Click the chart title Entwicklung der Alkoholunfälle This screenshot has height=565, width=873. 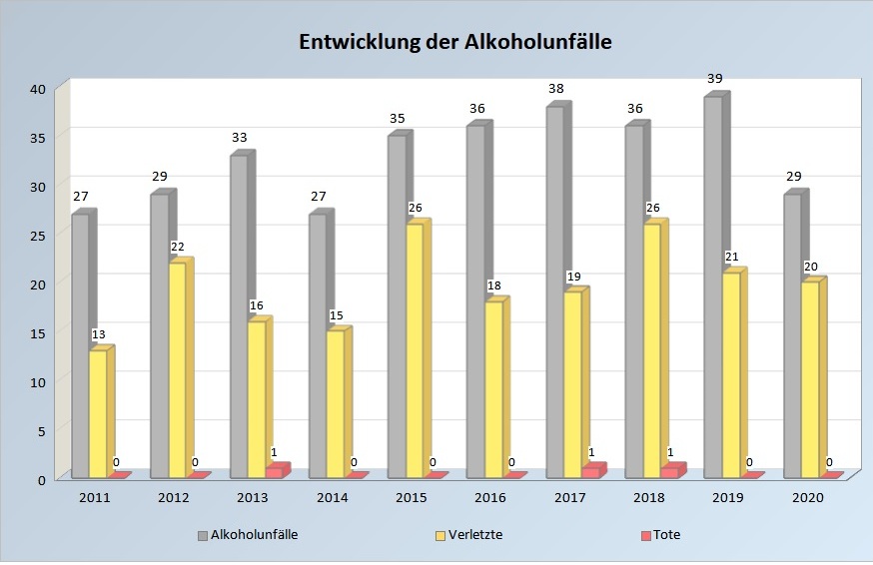pos(455,42)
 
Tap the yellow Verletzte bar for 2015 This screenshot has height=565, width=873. pos(414,350)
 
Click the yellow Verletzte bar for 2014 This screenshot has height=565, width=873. pos(335,404)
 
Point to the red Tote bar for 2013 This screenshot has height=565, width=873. pos(275,472)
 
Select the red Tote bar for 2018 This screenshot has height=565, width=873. pos(670,472)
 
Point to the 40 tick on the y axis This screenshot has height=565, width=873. pos(38,88)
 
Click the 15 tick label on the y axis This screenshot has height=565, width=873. pos(38,332)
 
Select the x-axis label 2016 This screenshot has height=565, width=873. pos(489,497)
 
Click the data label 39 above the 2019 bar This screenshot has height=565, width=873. pos(715,79)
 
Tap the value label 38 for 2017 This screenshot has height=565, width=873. pos(556,89)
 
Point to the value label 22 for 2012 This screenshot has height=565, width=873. pos(178,246)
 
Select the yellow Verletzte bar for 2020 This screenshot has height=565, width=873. pos(809,380)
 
